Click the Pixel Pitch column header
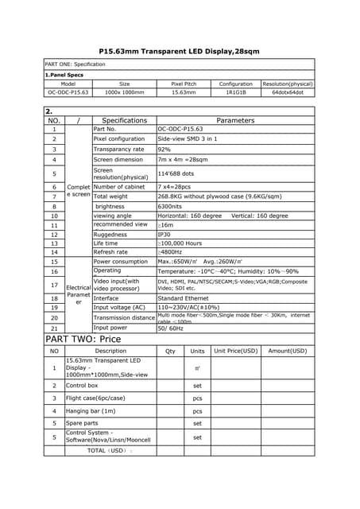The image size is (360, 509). pyautogui.click(x=184, y=84)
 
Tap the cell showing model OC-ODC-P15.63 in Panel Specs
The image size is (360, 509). pyautogui.click(x=68, y=92)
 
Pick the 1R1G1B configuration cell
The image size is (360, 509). pyautogui.click(x=236, y=92)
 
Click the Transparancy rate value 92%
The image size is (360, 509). pyautogui.click(x=165, y=149)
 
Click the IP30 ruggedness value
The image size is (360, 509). pyautogui.click(x=164, y=235)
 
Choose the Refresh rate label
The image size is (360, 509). pyautogui.click(x=110, y=252)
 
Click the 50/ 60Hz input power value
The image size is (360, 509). pyautogui.click(x=171, y=328)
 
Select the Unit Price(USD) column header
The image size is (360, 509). pyautogui.click(x=236, y=351)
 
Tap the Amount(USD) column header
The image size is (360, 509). pyautogui.click(x=288, y=351)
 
